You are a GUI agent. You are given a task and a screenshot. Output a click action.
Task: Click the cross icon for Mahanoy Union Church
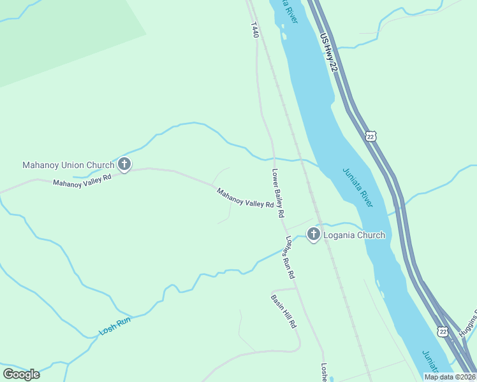tap(124, 165)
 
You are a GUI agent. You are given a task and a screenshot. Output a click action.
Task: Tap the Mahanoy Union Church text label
tap(68, 165)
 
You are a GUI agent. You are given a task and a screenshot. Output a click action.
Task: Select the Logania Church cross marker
tap(313, 235)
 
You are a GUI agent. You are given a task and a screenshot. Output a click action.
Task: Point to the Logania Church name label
tap(354, 235)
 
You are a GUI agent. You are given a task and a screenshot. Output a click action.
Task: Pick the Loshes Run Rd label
tap(290, 258)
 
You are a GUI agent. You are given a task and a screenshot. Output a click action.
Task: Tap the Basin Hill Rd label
tap(284, 311)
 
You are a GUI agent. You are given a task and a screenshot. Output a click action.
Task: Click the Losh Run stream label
tap(115, 327)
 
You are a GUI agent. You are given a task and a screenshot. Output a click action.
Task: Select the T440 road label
tap(255, 29)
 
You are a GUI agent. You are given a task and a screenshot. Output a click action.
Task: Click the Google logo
tap(21, 374)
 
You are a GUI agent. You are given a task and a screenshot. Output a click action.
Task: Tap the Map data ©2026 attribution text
tap(450, 377)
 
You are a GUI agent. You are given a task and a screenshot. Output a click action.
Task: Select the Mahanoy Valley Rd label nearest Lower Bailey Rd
tap(245, 197)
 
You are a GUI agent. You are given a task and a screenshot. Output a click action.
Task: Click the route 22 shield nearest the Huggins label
tap(442, 331)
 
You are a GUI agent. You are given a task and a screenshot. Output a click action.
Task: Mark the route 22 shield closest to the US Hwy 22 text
tap(371, 136)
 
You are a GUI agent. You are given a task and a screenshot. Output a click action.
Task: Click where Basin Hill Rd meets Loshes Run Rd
tap(297, 288)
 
